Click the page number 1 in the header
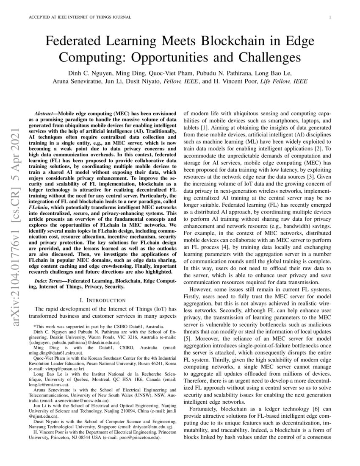point(329,17)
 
